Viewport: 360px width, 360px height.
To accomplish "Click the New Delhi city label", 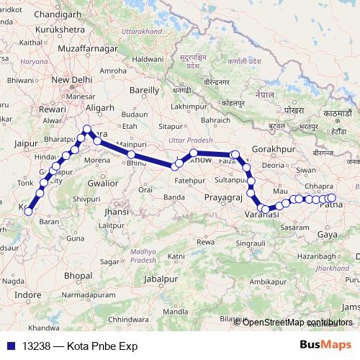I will (69, 80).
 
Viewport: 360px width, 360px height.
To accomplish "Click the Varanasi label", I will (257, 216).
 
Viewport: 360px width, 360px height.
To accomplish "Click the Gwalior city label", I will (102, 183).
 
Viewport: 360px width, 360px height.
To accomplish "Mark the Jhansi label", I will (115, 212).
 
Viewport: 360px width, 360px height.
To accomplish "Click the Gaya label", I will (328, 234).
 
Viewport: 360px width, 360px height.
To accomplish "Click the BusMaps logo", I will (325, 344).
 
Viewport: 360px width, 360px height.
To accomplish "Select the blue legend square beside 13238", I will (12, 345).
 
